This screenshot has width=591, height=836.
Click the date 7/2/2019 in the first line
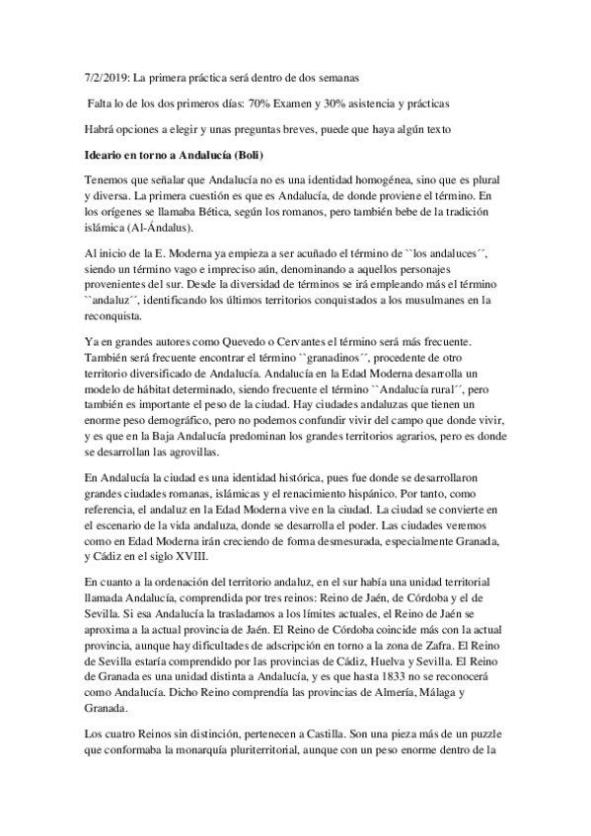[x=110, y=76]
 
